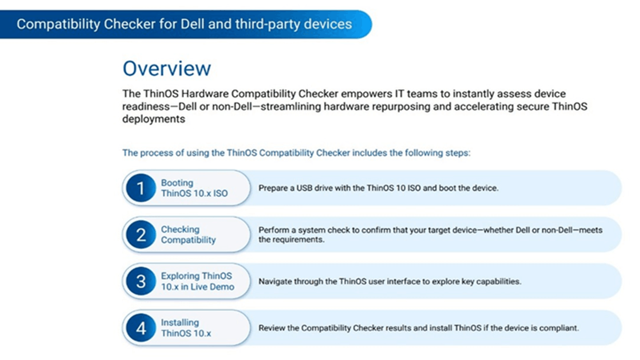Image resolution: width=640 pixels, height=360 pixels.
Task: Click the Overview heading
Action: click(x=167, y=69)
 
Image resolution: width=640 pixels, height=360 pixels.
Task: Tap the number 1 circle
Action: click(x=141, y=188)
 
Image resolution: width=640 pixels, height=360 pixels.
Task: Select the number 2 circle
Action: click(x=141, y=235)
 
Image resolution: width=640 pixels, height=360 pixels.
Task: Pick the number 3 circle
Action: click(x=141, y=281)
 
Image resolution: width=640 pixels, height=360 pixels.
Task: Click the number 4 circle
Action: click(x=141, y=328)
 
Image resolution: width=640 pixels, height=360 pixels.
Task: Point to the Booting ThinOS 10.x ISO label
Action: click(x=194, y=188)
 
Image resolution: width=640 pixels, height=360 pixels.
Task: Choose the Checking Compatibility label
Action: click(x=188, y=235)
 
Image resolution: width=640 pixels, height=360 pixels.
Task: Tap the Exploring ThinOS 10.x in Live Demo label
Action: click(x=197, y=281)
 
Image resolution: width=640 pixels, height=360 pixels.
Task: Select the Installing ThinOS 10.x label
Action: click(x=186, y=328)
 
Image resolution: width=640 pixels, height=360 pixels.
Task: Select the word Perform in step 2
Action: click(x=272, y=230)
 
